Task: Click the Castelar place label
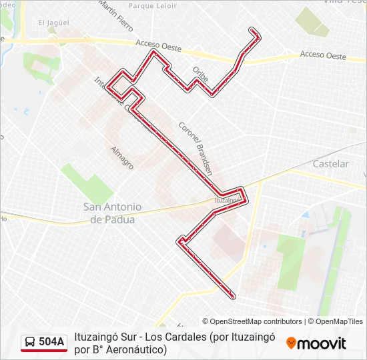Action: pyautogui.click(x=330, y=164)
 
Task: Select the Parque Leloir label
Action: pyautogui.click(x=153, y=6)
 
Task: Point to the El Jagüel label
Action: pyautogui.click(x=53, y=23)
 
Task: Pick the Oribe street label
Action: pyautogui.click(x=200, y=73)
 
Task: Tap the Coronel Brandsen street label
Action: pyautogui.click(x=195, y=147)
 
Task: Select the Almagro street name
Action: pyautogui.click(x=123, y=157)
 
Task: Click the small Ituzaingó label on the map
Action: pyautogui.click(x=228, y=199)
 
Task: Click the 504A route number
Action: pyautogui.click(x=51, y=343)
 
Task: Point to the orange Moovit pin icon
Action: pyautogui.click(x=291, y=343)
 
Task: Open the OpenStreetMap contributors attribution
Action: pyautogui.click(x=252, y=321)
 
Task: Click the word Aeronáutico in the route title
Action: pyautogui.click(x=131, y=349)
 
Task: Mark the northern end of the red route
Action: pyautogui.click(x=252, y=29)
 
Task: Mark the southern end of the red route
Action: pyautogui.click(x=232, y=295)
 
